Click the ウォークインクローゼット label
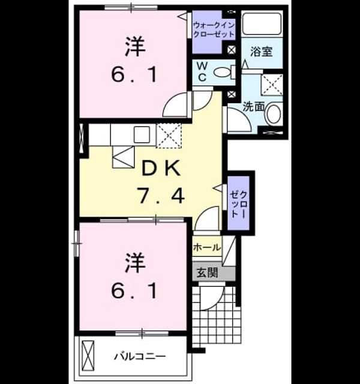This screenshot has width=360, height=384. click(x=214, y=29)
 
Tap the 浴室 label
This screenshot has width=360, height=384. click(x=262, y=52)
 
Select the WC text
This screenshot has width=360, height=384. click(x=202, y=71)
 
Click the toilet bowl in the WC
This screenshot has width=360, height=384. click(x=222, y=72)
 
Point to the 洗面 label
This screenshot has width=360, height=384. click(x=253, y=107)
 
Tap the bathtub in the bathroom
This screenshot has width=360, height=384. click(x=262, y=23)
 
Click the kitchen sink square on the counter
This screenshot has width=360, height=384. click(x=142, y=134)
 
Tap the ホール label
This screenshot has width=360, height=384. click(x=207, y=247)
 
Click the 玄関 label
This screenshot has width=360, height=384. click(x=208, y=272)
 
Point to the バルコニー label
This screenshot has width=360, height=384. click(x=140, y=356)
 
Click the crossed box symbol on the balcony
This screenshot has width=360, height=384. click(x=88, y=356)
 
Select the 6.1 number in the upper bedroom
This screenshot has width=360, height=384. click(x=134, y=74)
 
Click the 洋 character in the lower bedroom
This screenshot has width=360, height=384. click(x=135, y=263)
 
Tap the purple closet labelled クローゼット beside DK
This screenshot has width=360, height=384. click(x=239, y=203)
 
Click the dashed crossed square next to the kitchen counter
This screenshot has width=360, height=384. click(x=169, y=136)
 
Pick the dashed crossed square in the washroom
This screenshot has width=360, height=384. click(x=272, y=85)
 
